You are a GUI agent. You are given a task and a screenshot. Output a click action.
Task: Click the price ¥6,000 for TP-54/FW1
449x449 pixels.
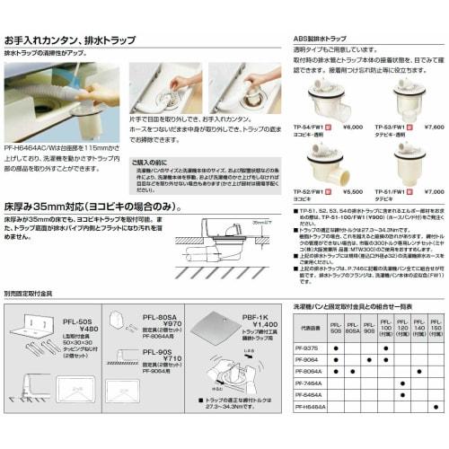(355, 128)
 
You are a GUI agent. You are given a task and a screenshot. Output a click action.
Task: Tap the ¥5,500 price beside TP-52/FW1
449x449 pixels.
(355, 191)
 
